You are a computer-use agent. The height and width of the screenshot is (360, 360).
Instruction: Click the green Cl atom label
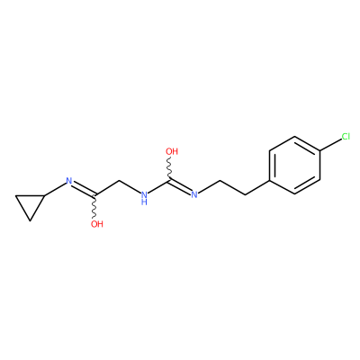[x=346, y=137]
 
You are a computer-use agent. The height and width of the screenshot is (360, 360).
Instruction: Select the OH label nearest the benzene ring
[x=172, y=151]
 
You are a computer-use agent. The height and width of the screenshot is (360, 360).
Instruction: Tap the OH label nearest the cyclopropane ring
[x=97, y=224]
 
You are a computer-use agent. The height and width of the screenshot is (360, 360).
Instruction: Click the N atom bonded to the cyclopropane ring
[x=69, y=181]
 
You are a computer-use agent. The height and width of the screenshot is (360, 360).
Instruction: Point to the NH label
[x=144, y=198]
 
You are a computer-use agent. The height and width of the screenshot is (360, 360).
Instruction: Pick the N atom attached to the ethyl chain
[x=194, y=194]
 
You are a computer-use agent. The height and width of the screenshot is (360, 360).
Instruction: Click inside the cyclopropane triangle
[x=30, y=204]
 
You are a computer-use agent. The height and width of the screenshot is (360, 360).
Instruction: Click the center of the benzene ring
[x=295, y=166]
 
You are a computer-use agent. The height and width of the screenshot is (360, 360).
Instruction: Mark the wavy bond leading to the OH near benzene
[x=170, y=168]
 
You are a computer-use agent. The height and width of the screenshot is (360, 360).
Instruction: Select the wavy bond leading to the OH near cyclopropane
[x=95, y=207]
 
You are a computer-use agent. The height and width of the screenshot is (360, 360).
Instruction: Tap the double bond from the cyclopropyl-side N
[x=84, y=189]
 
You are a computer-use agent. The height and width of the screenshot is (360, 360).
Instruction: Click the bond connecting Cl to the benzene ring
[x=330, y=145]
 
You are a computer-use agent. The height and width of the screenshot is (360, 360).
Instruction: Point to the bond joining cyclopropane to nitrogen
[x=55, y=190]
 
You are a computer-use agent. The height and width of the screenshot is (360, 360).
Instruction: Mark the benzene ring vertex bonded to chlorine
[x=319, y=151]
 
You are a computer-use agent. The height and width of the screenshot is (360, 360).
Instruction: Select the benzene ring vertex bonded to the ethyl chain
[x=270, y=180]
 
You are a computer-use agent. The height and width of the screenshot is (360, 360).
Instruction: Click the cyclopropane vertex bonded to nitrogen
[x=44, y=195]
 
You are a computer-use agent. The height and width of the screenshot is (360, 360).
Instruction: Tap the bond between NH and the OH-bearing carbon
[x=159, y=186]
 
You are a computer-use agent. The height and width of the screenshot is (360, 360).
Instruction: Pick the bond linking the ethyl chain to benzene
[x=257, y=187]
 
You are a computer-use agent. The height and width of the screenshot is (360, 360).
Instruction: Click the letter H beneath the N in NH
[x=144, y=202]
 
